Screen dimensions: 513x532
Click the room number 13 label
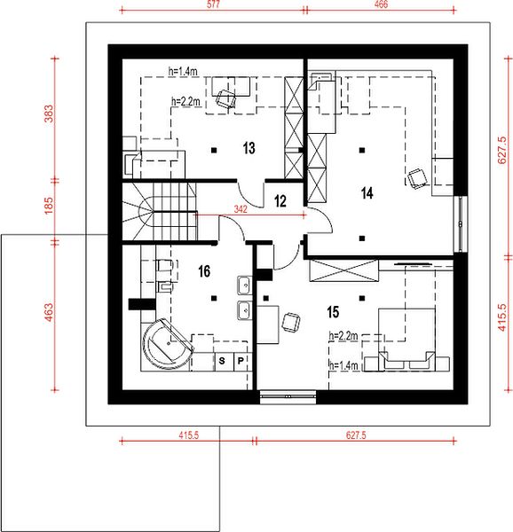pyautogui.click(x=249, y=148)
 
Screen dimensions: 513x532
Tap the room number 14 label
pyautogui.click(x=367, y=193)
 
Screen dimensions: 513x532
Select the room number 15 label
pyautogui.click(x=333, y=312)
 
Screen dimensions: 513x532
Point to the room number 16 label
pyautogui.click(x=204, y=271)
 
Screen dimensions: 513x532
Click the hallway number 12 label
pyautogui.click(x=280, y=201)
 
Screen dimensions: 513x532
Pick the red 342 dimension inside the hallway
pyautogui.click(x=241, y=209)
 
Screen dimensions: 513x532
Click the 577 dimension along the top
pyautogui.click(x=213, y=4)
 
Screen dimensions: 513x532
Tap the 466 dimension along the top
pyautogui.click(x=381, y=4)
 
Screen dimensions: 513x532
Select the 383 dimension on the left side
pyautogui.click(x=49, y=113)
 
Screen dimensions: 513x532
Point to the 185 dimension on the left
pyautogui.click(x=49, y=206)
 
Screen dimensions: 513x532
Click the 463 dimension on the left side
pyautogui.click(x=49, y=312)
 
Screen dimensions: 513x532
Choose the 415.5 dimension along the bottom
pyautogui.click(x=189, y=435)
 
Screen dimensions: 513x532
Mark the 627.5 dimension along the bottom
pyautogui.click(x=356, y=435)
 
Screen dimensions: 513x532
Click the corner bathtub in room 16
pyautogui.click(x=167, y=344)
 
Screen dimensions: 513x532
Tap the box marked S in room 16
pyautogui.click(x=222, y=361)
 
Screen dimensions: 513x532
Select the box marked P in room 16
pyautogui.click(x=241, y=361)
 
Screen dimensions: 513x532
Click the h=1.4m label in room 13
pyautogui.click(x=183, y=71)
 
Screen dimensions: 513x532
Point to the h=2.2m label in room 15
pyautogui.click(x=343, y=336)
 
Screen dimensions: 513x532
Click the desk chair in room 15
pyautogui.click(x=291, y=323)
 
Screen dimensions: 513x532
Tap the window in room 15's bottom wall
pyautogui.click(x=288, y=396)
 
